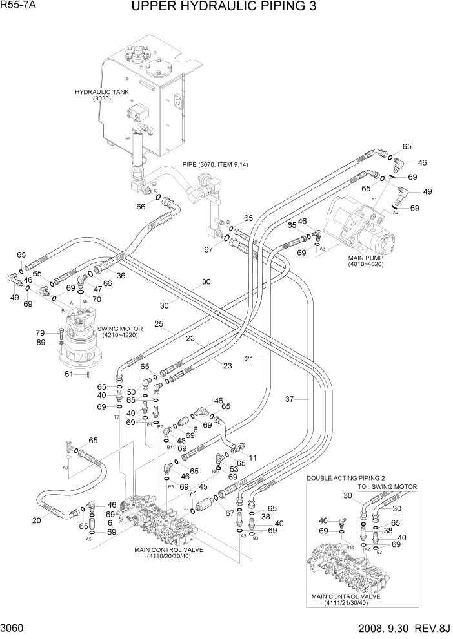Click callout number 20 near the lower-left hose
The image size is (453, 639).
point(37,520)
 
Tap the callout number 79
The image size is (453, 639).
point(39,332)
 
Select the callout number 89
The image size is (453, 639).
point(39,342)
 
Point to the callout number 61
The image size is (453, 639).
point(68,373)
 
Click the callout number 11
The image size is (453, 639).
point(253,458)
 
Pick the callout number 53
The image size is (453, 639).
point(234,470)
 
